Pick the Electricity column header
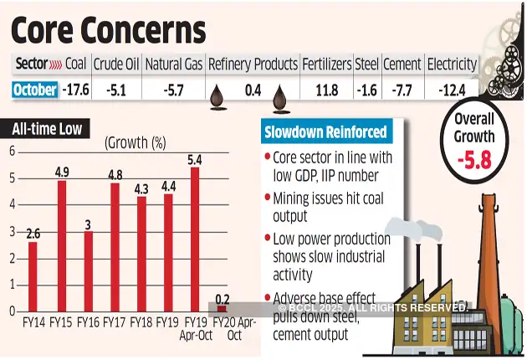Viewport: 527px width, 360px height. pyautogui.click(x=452, y=64)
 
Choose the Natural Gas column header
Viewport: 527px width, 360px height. pyautogui.click(x=174, y=64)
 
